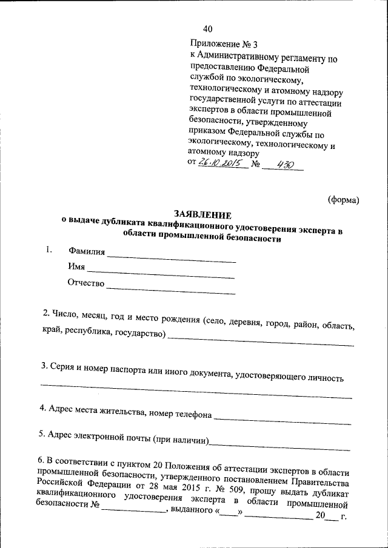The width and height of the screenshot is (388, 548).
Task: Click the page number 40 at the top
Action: click(208, 28)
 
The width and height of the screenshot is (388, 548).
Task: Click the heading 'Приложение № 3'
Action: click(224, 44)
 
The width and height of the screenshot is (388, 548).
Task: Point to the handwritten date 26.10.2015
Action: click(222, 165)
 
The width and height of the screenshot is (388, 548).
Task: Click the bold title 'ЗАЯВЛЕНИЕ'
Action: click(202, 214)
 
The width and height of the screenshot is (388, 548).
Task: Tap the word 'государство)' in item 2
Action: click(138, 334)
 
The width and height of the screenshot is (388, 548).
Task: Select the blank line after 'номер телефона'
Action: click(282, 419)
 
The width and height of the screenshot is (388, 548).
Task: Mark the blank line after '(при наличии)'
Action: click(279, 449)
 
